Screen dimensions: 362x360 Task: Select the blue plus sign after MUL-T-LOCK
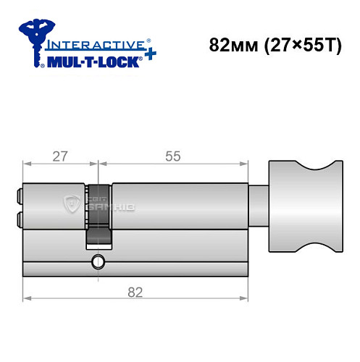pos(148,56)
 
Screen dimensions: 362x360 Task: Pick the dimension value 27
pos(59,156)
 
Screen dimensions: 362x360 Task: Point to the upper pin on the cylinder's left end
pos(18,195)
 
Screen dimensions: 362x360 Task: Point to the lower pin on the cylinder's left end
pos(18,218)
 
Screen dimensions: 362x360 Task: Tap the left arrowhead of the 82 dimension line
pos(27,298)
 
